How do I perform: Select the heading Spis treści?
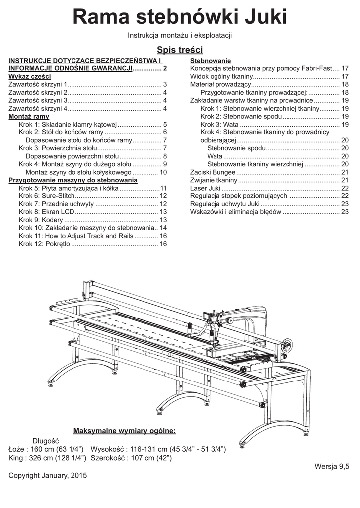[180, 50]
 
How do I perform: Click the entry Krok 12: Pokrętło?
[45, 244]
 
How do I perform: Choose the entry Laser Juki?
[206, 188]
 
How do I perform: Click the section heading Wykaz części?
[30, 77]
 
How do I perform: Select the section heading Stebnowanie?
[211, 61]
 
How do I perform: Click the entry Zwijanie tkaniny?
[214, 180]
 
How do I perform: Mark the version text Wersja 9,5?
[332, 466]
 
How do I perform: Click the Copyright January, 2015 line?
[48, 475]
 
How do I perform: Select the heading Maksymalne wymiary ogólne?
[124, 430]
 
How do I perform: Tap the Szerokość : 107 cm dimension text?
[131, 458]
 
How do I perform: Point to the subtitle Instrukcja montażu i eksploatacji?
[180, 36]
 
